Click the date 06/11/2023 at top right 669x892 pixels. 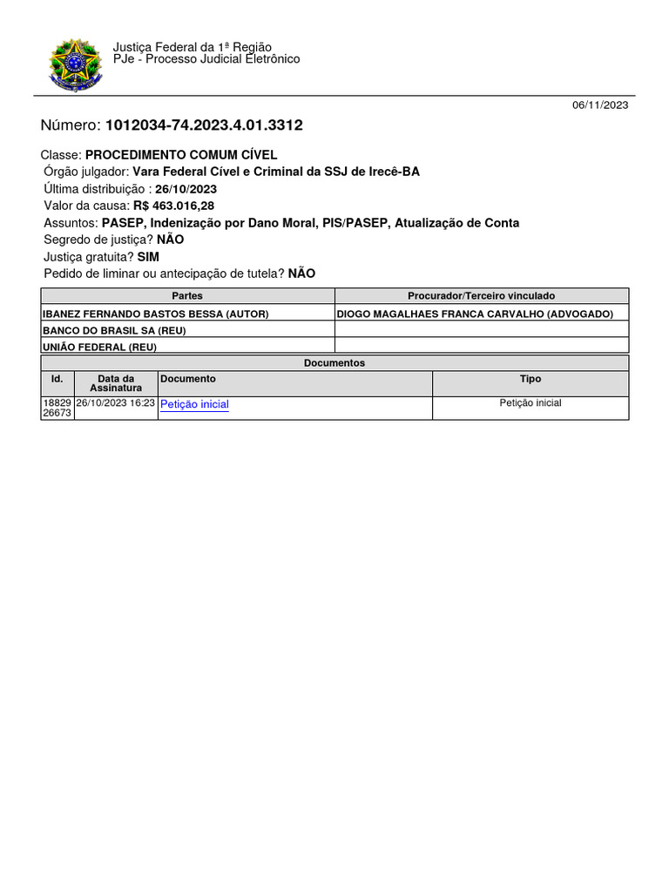click(600, 105)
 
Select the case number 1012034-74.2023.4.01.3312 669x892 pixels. click(204, 125)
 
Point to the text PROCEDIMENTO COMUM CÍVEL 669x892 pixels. click(181, 154)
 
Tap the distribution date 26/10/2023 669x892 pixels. click(186, 189)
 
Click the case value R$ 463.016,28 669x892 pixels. click(173, 206)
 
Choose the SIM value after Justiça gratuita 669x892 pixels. click(148, 257)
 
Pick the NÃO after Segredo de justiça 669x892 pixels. click(171, 240)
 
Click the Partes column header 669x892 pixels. click(187, 296)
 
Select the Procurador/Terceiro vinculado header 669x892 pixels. click(481, 296)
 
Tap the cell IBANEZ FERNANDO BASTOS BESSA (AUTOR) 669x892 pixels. click(155, 314)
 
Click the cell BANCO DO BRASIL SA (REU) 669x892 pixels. click(114, 330)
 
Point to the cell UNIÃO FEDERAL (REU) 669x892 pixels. click(99, 347)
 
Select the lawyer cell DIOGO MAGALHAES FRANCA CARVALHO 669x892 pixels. click(475, 314)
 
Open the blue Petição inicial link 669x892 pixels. click(195, 404)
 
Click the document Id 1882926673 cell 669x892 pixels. click(57, 408)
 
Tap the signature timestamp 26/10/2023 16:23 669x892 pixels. click(116, 403)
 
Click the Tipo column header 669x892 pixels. click(530, 379)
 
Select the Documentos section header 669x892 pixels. click(334, 363)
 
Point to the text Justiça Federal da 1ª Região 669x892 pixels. click(192, 47)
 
